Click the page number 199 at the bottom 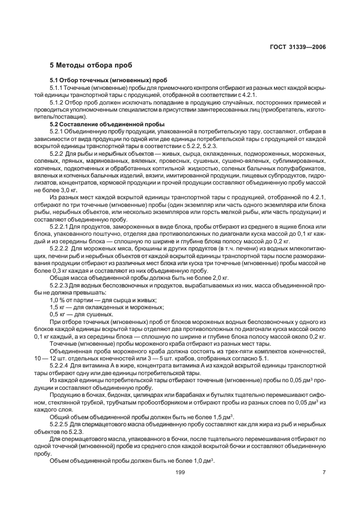180,472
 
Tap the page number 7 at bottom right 324,472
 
